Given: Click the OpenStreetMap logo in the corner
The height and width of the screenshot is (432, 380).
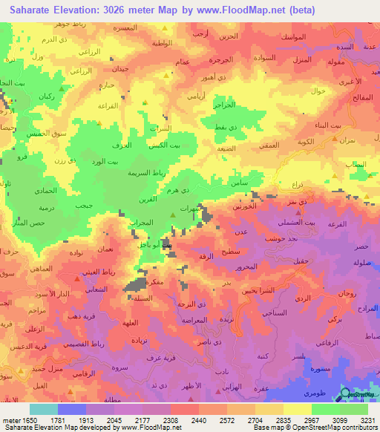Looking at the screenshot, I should [x=358, y=395].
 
